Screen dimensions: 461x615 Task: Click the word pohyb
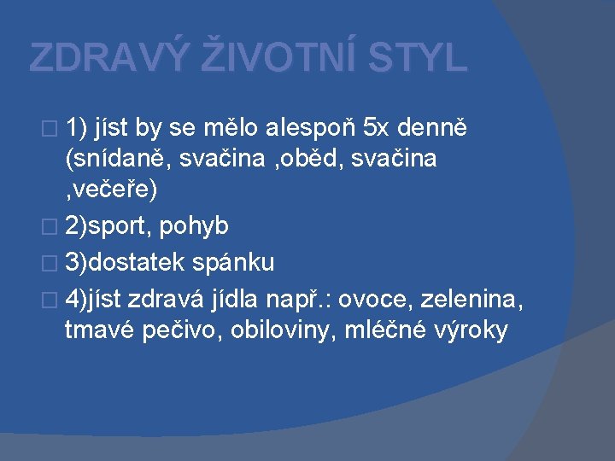point(193,226)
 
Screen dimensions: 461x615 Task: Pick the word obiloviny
point(288,330)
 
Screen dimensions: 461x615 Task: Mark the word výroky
point(472,330)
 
